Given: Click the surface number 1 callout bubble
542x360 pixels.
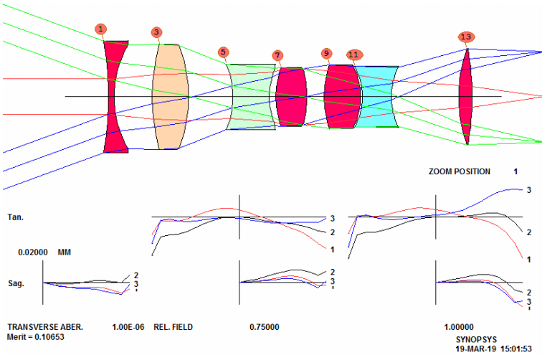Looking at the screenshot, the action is pos(100,29).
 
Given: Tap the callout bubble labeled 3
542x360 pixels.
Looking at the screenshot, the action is pos(156,32).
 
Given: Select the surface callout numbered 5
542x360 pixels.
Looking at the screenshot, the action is pos(223,52).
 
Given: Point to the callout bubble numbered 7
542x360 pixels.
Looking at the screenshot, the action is pos(277,55).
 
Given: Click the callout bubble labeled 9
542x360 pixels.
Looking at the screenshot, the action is pos(326,54).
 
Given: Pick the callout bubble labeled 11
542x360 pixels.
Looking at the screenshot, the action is pos(353,55).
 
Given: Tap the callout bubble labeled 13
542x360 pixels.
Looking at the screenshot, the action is pos(466,37).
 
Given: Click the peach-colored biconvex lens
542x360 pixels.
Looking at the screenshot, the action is pos(171,97).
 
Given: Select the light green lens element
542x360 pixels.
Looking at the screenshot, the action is pos(251,97).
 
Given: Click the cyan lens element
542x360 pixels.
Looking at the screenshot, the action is pos(376,97).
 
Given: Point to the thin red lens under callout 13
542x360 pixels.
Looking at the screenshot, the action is pos(465,97).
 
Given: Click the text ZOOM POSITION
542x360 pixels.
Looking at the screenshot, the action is pos(460,171).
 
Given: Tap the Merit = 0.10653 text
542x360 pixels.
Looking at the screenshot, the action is pos(36,337).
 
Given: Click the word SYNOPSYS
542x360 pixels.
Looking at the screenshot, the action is pos(476,340).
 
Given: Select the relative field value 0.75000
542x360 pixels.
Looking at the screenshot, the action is pos(265,327).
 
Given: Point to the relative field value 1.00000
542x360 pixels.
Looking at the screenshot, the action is pos(459,327).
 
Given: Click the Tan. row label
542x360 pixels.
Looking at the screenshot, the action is pos(16,217).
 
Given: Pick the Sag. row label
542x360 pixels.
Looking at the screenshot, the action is pos(16,283).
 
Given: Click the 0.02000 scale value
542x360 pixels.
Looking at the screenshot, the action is pos(33,252).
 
